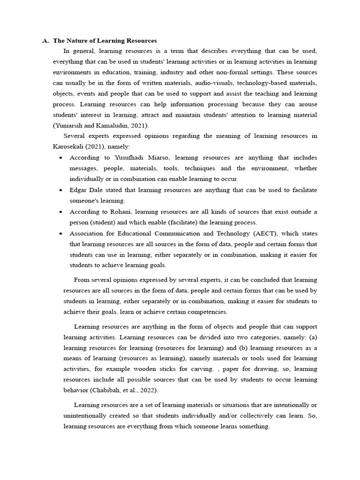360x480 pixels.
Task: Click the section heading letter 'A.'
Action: [45, 41]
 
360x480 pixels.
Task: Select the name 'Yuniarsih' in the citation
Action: [70, 125]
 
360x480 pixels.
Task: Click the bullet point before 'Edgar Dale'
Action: [61, 190]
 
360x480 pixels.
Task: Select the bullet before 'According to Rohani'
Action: [61, 212]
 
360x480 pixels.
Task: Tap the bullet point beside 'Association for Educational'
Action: [61, 233]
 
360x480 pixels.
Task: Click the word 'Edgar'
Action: [78, 190]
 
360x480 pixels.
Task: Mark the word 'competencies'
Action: [208, 312]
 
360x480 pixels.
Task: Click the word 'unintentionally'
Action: [85, 416]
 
